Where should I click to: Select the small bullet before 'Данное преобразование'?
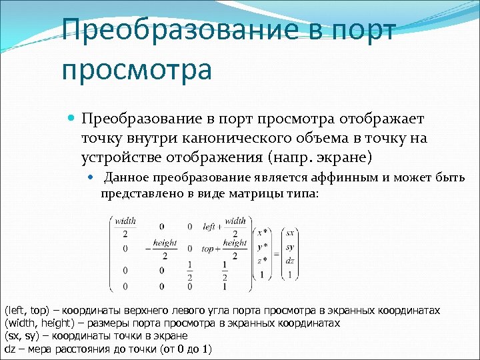point(93,178)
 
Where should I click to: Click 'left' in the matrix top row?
point(209,227)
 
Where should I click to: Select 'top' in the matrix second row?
point(207,249)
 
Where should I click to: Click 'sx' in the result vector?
point(290,233)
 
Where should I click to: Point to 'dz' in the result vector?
point(290,260)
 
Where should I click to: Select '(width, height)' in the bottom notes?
point(34,323)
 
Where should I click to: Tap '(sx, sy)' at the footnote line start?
point(21,336)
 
